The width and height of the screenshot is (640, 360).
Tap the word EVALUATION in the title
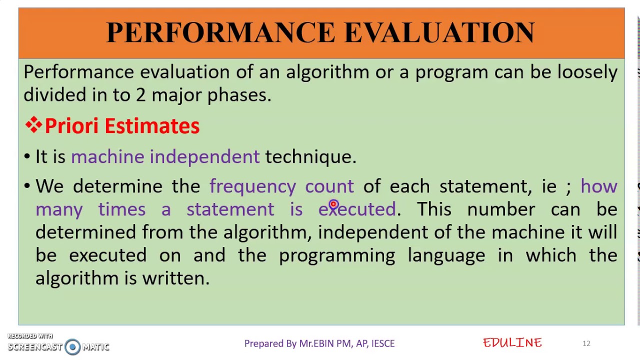(439, 33)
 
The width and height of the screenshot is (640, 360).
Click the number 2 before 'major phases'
(141, 95)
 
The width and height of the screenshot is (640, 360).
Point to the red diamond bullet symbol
(33, 125)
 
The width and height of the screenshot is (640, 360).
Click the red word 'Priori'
(71, 126)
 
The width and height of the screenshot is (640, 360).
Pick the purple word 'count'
(329, 186)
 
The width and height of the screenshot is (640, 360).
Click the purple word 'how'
(598, 186)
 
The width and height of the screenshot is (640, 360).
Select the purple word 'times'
(121, 209)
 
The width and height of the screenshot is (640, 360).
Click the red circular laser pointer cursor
(333, 204)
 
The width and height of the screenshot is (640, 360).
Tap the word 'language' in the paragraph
(446, 255)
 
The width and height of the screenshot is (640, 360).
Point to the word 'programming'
(336, 255)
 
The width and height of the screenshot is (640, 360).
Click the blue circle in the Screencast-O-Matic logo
(72, 346)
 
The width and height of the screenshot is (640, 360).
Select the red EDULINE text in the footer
(512, 343)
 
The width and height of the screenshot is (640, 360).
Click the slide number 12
(586, 343)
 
